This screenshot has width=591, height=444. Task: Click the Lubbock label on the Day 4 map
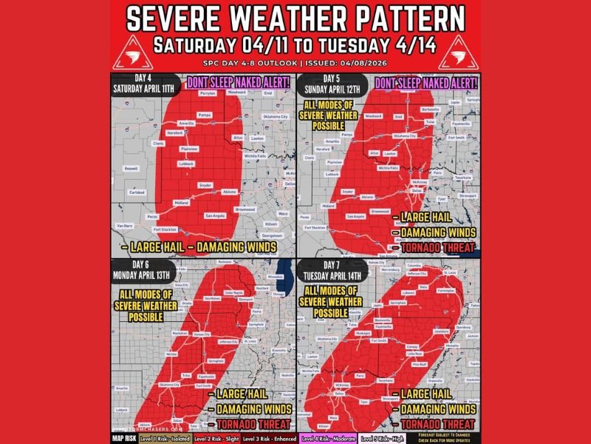(186, 163)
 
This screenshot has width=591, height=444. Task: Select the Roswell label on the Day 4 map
(131, 168)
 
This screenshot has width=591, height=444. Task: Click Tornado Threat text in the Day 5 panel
(438, 248)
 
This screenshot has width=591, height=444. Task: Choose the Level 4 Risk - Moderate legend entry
(328, 438)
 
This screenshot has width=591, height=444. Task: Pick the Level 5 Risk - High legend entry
(381, 438)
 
